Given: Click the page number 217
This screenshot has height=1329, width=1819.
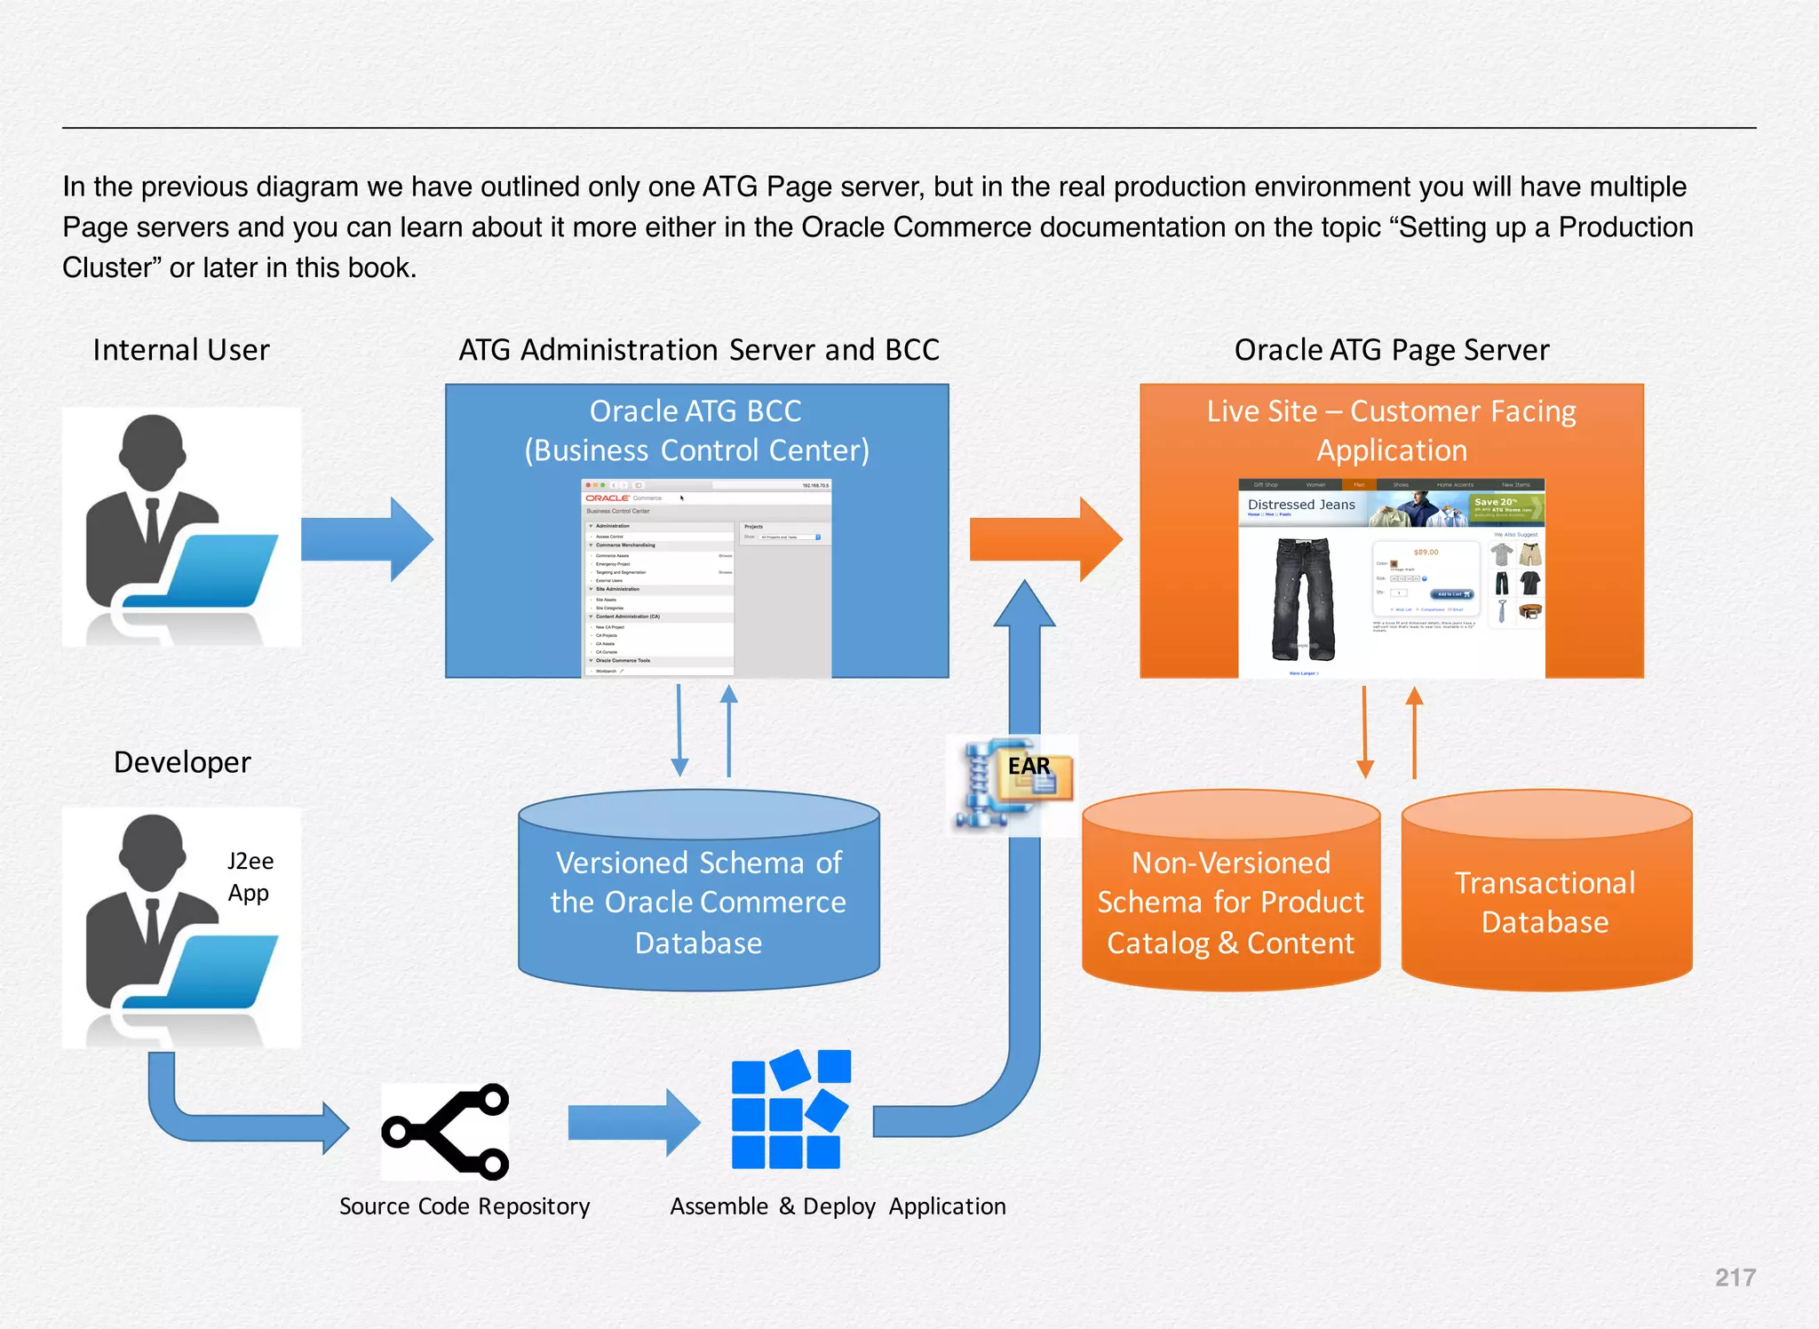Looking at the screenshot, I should pos(1735,1277).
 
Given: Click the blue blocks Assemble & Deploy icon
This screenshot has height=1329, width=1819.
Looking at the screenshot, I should pos(790,1110).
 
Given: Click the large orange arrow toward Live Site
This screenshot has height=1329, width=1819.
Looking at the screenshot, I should pos(1045,538).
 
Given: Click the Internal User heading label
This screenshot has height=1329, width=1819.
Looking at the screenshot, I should pos(181,350).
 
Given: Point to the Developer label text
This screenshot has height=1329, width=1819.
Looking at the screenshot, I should pos(182,762).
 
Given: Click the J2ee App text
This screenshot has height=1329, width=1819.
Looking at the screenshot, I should pos(250,876).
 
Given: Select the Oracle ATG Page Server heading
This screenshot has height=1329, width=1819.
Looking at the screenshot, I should pos(1391,350).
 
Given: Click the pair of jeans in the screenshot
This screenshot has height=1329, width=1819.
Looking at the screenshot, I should pos(1302,597).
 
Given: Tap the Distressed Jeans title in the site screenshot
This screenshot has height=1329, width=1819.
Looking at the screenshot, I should pos(1301,505).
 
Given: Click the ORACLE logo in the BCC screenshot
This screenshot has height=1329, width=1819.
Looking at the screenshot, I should pos(608,498).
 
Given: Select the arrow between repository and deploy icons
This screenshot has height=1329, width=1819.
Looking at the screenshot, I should pos(632,1122).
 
